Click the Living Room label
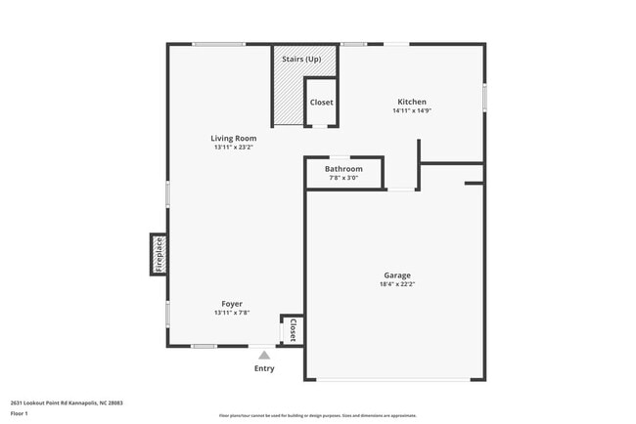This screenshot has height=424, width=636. click(x=234, y=139)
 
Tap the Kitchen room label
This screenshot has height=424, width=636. click(x=411, y=102)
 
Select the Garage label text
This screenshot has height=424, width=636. click(x=396, y=276)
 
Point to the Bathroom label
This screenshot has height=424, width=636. click(x=342, y=169)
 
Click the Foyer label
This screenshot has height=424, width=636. click(x=232, y=304)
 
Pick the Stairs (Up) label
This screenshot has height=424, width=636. click(x=301, y=60)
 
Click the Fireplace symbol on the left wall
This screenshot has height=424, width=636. click(x=158, y=254)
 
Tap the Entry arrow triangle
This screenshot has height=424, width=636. click(x=264, y=356)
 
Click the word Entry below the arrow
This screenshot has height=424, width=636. click(x=264, y=368)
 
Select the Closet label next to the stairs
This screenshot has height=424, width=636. click(x=321, y=103)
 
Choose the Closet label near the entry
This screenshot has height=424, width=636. click(x=292, y=330)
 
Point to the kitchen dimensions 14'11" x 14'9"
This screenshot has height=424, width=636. click(x=411, y=111)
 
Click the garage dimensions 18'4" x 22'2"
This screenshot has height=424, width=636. click(x=396, y=285)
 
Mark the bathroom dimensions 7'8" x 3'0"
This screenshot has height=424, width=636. click(x=342, y=178)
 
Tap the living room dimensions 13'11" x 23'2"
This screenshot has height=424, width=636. click(x=234, y=148)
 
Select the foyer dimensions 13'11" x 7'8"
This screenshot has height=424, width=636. click(x=232, y=314)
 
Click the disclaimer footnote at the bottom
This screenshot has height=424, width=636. click(x=318, y=417)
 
